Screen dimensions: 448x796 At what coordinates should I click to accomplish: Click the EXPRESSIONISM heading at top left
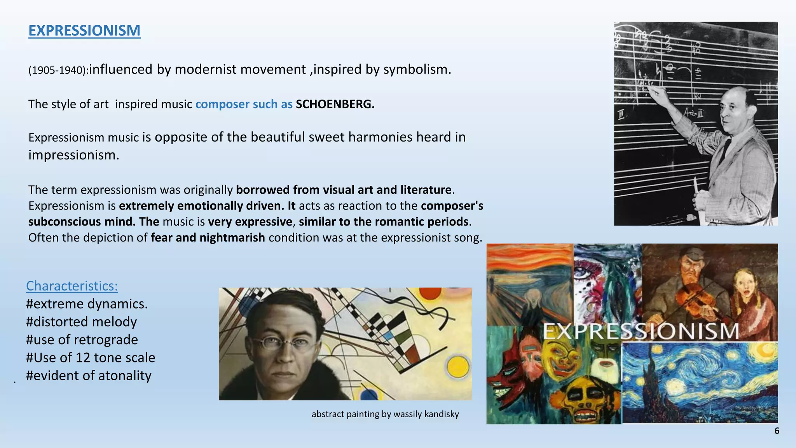point(84,31)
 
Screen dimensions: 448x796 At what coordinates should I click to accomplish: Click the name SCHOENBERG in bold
point(335,104)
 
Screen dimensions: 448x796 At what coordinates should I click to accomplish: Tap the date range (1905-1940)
point(58,70)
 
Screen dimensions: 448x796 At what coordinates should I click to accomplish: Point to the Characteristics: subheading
point(72,286)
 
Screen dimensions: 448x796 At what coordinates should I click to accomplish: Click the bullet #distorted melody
point(81,322)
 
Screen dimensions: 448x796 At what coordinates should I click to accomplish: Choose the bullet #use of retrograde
point(82,340)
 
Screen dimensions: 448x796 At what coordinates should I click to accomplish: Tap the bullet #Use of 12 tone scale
point(91,358)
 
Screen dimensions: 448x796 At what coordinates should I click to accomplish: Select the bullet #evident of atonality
point(89,376)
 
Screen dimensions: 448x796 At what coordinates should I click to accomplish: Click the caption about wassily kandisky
point(385,414)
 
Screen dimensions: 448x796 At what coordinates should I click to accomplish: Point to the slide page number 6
point(777,431)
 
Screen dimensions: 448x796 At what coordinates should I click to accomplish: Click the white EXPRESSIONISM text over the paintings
point(641,331)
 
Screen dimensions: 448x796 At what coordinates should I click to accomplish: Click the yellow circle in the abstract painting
point(458,367)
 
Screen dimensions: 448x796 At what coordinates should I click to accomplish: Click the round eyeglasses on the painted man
point(278,343)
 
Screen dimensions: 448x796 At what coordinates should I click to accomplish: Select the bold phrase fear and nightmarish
point(208,238)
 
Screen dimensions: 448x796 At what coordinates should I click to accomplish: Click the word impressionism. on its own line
point(74,155)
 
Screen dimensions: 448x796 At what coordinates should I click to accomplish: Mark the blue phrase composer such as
point(244,104)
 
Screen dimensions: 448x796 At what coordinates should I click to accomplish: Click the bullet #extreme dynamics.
point(87,304)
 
